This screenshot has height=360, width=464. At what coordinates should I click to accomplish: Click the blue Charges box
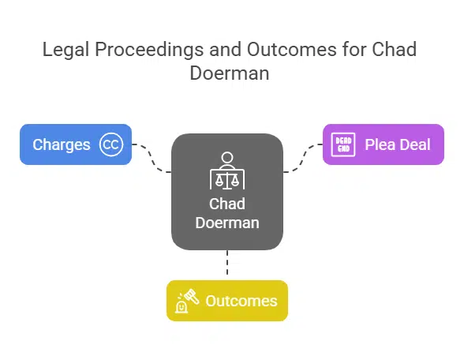click(75, 144)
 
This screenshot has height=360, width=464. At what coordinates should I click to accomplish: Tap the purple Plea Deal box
click(383, 144)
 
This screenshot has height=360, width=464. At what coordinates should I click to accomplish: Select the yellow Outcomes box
click(226, 301)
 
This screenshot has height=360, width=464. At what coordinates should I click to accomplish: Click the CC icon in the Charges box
click(111, 144)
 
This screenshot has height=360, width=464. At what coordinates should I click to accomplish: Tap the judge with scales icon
click(227, 171)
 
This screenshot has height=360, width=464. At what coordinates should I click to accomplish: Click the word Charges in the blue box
click(62, 145)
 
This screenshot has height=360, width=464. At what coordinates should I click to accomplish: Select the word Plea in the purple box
click(377, 145)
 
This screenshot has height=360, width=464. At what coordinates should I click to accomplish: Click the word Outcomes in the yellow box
click(241, 301)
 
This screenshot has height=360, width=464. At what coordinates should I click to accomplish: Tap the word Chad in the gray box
click(227, 204)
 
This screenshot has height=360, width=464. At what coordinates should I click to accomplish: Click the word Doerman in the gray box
click(227, 223)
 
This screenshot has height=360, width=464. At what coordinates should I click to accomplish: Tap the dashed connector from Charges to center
click(152, 158)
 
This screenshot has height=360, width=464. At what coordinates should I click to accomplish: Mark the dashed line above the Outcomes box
click(227, 265)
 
